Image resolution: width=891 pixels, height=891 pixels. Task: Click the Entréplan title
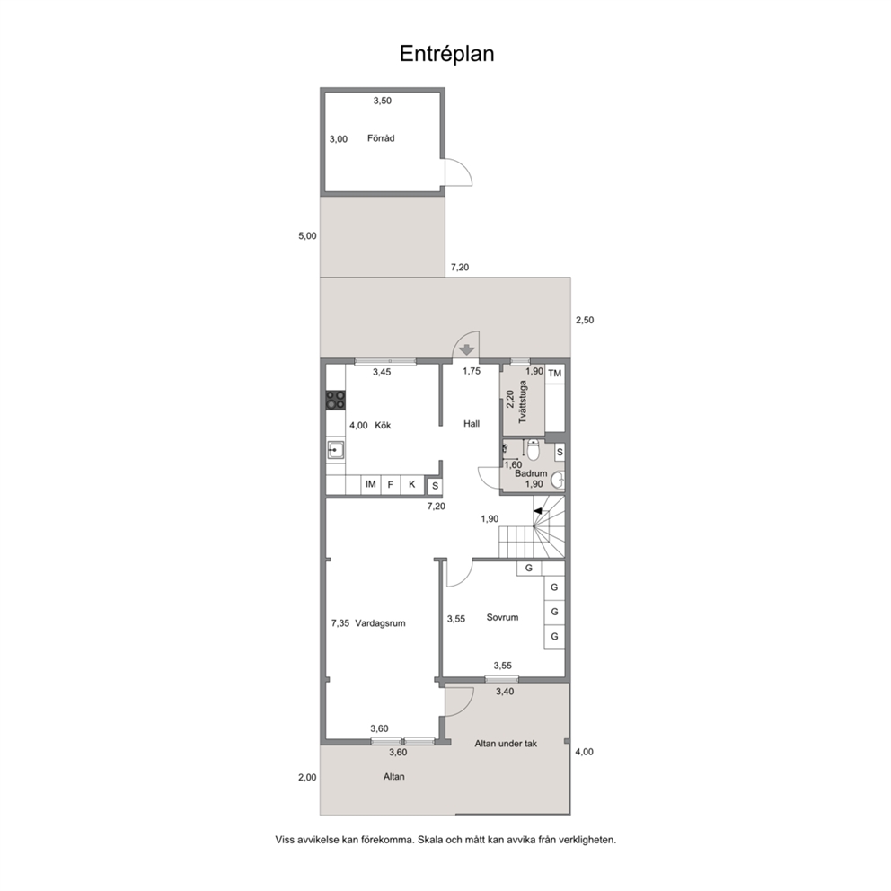[446, 54]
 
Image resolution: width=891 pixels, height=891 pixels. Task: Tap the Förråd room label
[381, 138]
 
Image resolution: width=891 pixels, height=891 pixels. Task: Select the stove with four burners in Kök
[335, 400]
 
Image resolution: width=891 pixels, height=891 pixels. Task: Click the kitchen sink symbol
[335, 451]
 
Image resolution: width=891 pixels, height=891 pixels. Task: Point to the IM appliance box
[370, 484]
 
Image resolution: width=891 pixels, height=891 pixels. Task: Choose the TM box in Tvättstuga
[554, 374]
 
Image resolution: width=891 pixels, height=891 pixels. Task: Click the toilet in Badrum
[533, 450]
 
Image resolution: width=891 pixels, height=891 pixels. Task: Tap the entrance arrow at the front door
[466, 349]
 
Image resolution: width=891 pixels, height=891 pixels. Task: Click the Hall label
[472, 423]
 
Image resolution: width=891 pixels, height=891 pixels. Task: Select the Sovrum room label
[502, 617]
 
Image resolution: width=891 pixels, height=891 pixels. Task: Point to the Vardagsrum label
[380, 622]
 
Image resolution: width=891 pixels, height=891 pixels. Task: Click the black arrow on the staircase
[537, 511]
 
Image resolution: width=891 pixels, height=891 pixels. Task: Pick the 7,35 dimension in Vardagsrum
[340, 622]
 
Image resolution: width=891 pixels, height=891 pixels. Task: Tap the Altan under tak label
[506, 744]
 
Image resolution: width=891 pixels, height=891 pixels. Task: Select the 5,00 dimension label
[307, 236]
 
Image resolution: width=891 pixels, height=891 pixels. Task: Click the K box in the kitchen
[412, 484]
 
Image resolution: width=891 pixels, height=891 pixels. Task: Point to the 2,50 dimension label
[585, 320]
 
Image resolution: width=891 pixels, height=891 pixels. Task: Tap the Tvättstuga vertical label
[523, 401]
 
